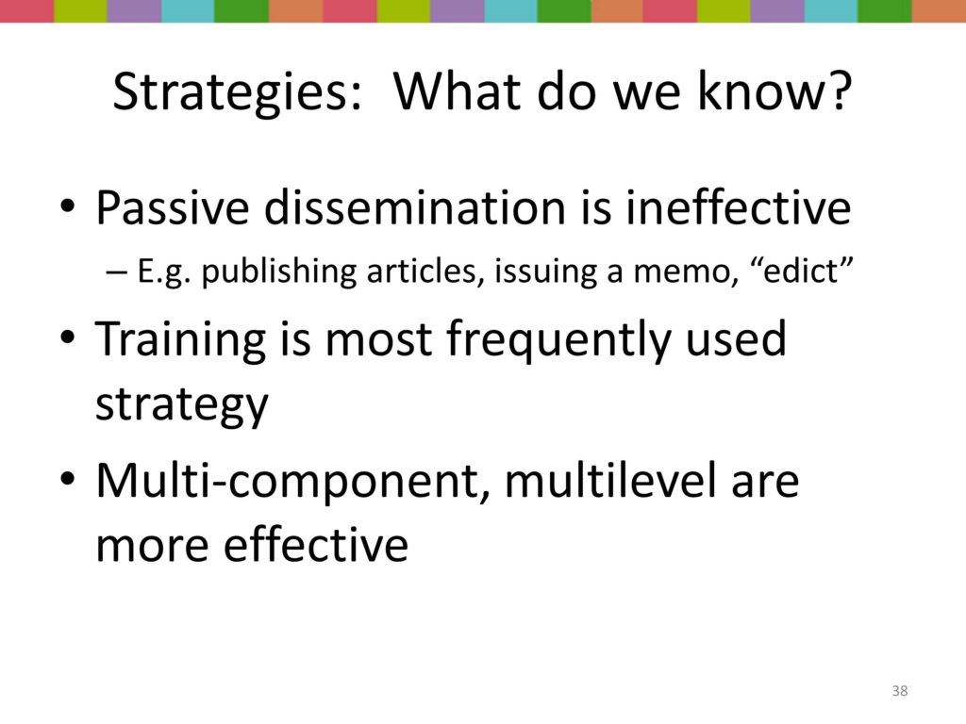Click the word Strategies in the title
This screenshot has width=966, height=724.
coord(237,92)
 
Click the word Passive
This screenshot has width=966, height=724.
coord(173,207)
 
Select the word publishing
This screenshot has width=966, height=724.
coord(279,272)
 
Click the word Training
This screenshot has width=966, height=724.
coord(180,340)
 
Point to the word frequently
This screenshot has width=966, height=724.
coord(558,340)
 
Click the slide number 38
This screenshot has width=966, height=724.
coord(899,691)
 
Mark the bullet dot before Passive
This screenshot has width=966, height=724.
coord(67,206)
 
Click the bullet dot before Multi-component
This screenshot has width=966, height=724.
coord(67,479)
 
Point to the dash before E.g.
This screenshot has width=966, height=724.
coord(116,272)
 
